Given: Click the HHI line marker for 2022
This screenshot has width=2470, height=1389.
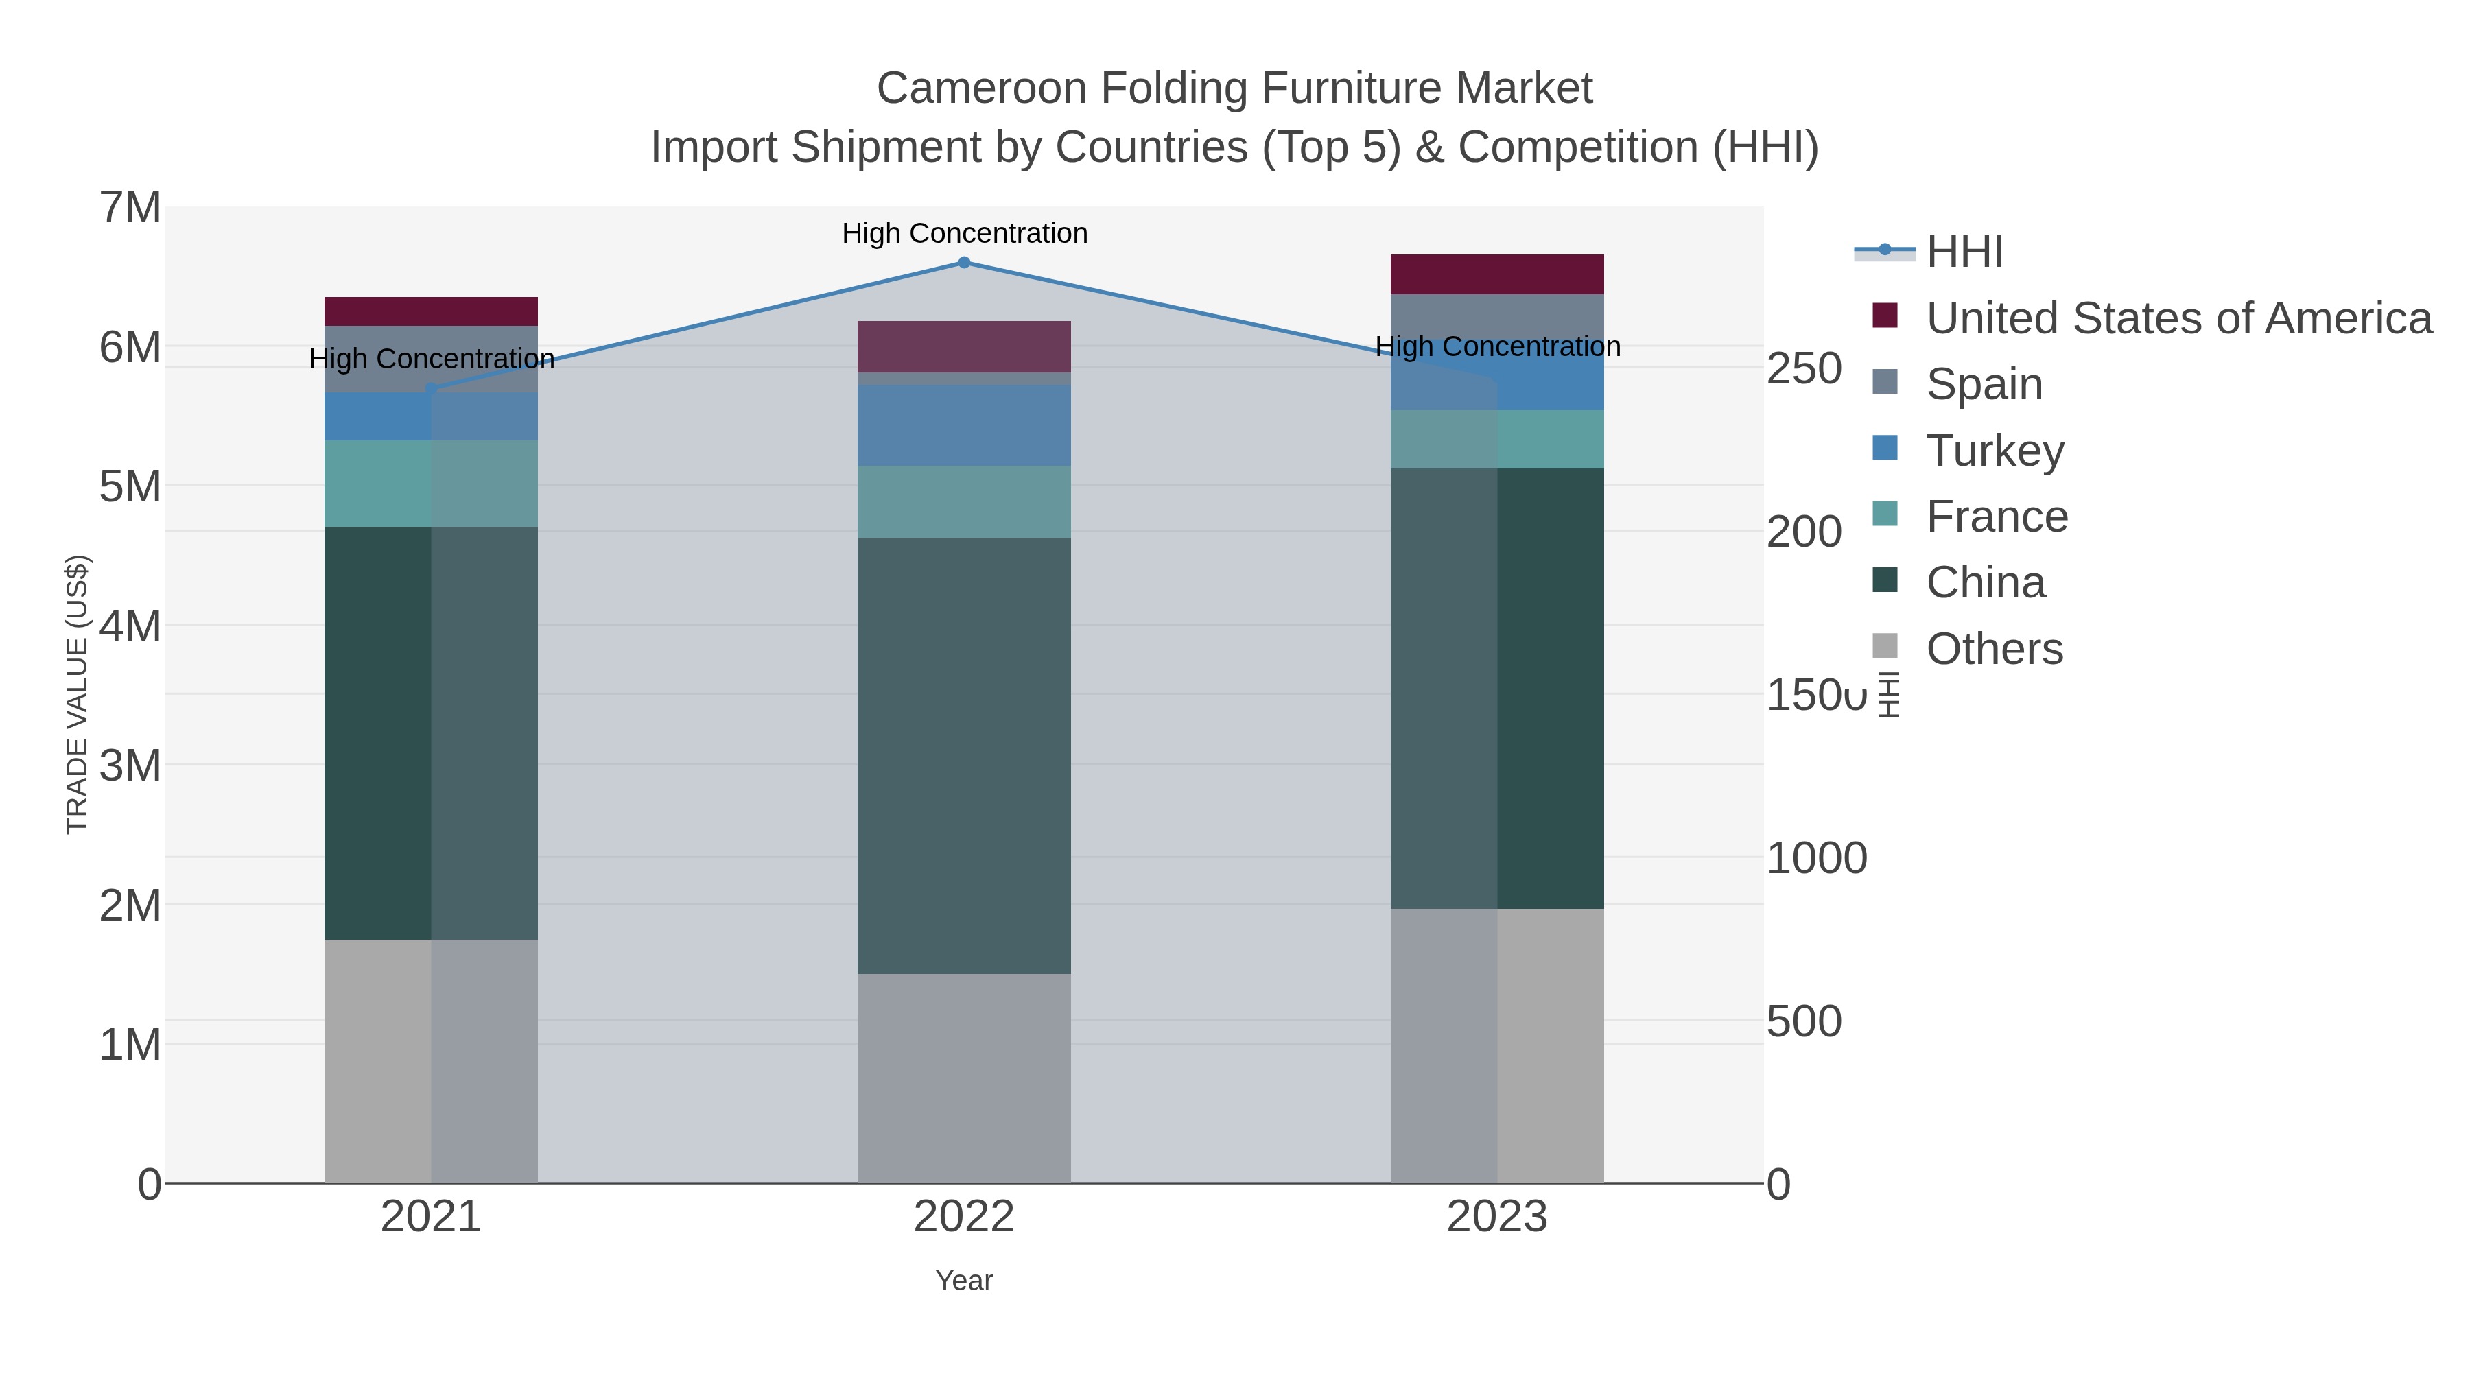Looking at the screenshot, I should pyautogui.click(x=964, y=263).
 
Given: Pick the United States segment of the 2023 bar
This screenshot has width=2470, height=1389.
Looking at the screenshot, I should pyautogui.click(x=1497, y=274).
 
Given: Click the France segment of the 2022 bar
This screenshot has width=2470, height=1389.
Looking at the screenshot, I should pyautogui.click(x=964, y=501).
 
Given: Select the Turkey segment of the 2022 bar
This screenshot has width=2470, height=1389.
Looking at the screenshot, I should pyautogui.click(x=964, y=425).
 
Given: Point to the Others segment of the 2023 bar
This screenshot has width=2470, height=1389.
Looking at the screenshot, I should pyautogui.click(x=1497, y=1046).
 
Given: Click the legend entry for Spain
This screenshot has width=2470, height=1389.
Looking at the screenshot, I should pyautogui.click(x=1984, y=384).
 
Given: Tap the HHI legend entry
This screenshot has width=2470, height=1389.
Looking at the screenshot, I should pyautogui.click(x=1964, y=252).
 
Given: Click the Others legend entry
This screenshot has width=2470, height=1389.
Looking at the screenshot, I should pyautogui.click(x=1993, y=649).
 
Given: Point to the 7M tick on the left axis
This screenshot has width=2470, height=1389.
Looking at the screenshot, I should pyautogui.click(x=130, y=208).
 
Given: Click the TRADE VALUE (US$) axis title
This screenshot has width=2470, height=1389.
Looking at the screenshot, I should pyautogui.click(x=77, y=694).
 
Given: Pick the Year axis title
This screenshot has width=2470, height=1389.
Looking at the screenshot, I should pyautogui.click(x=964, y=1281).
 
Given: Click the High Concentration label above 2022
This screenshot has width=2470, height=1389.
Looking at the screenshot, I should pyautogui.click(x=965, y=233).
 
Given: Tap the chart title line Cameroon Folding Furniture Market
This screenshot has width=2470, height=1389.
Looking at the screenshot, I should pyautogui.click(x=1234, y=88).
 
